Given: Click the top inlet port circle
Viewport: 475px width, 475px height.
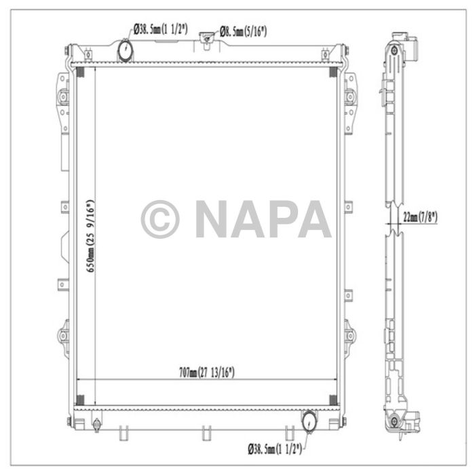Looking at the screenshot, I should [x=126, y=49].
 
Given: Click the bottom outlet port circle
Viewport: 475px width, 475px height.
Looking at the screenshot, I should [x=308, y=421].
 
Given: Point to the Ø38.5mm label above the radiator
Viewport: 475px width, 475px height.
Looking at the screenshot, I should [x=161, y=29].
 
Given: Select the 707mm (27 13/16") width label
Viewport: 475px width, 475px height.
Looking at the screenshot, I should [x=207, y=372].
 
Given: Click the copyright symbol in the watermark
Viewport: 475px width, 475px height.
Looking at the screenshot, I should [x=159, y=219].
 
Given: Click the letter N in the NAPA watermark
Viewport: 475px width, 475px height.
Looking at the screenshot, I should [x=212, y=219].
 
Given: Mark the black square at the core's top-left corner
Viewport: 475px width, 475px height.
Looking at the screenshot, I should [x=79, y=72].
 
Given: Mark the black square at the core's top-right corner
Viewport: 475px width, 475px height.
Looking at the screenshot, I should [x=332, y=72].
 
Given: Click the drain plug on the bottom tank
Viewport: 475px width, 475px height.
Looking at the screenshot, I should [x=96, y=425].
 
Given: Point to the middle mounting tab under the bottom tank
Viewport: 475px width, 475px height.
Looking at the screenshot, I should [x=204, y=430].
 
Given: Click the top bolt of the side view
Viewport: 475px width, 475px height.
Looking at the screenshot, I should [x=393, y=52].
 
